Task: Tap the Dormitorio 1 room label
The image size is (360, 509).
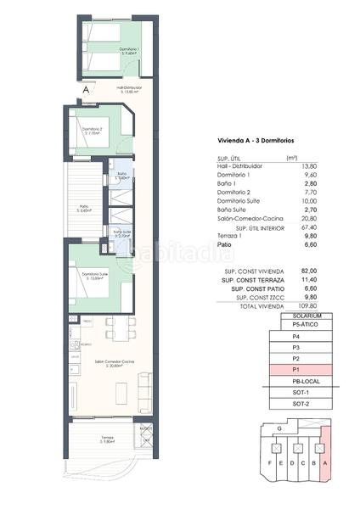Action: pos(129,52)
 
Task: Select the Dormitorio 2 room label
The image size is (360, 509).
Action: pos(93,130)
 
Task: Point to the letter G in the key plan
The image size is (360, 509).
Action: pos(278,428)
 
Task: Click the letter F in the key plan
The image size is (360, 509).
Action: pos(267,464)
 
